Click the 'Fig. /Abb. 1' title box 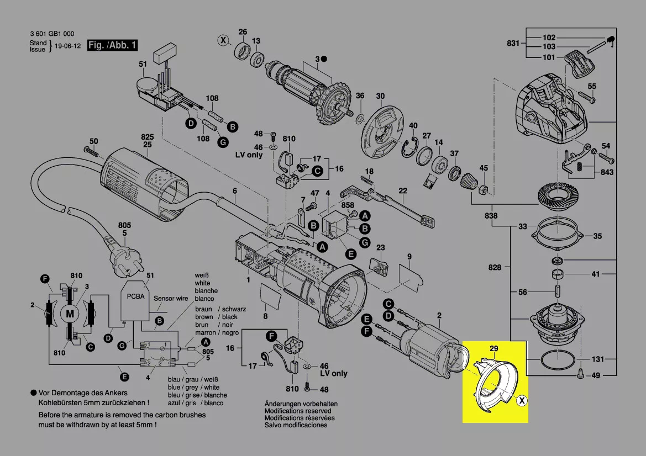[x=113, y=45]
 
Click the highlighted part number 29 [x=494, y=348]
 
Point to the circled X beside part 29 [x=521, y=401]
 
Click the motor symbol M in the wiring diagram [x=70, y=314]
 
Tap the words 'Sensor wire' [x=171, y=298]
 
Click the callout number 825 [x=146, y=136]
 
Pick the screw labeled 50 [x=91, y=150]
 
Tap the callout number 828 [x=495, y=267]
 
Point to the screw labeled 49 [x=580, y=373]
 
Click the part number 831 [x=513, y=43]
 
